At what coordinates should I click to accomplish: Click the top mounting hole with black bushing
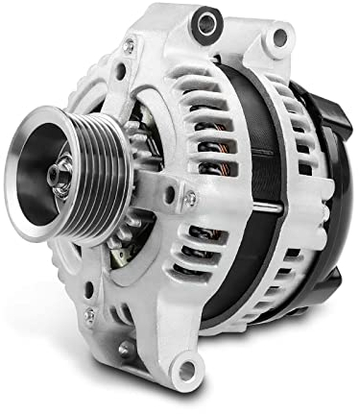tap(206, 24)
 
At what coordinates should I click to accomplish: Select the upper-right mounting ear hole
tap(279, 38)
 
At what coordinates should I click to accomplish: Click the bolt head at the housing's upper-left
tap(129, 45)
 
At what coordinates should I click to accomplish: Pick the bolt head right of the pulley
tap(191, 199)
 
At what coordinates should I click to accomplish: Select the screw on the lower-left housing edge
tap(90, 313)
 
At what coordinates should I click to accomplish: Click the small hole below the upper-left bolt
tap(120, 70)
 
